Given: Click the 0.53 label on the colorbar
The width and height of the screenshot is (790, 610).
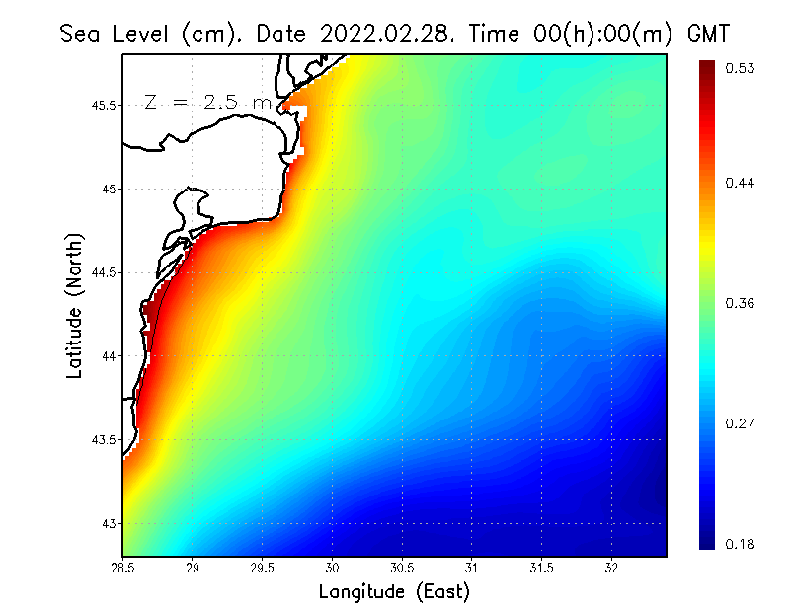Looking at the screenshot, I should [x=741, y=68].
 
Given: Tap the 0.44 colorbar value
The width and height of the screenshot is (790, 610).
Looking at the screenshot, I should [x=741, y=183].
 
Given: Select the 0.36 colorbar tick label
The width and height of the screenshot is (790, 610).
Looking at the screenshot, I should [x=741, y=303].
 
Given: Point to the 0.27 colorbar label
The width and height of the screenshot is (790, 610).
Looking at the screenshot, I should [x=741, y=423].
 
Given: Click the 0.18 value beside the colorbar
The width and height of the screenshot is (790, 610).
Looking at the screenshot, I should [x=741, y=544].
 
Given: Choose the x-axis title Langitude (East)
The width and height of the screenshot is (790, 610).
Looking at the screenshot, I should [x=394, y=592].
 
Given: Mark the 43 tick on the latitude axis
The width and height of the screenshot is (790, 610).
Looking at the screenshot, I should [x=111, y=523].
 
